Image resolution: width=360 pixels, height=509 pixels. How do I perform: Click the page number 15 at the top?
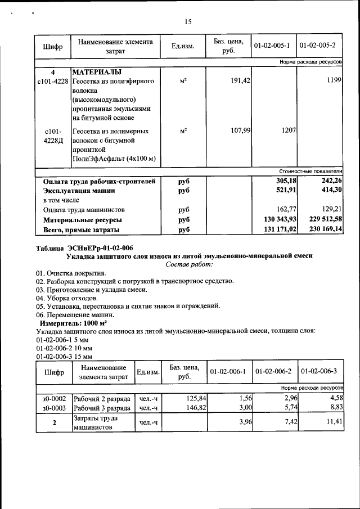188,22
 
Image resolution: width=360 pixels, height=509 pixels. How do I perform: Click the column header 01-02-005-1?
272,46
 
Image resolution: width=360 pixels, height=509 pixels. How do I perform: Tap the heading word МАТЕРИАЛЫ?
97,72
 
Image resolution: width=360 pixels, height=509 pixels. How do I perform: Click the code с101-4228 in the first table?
53,81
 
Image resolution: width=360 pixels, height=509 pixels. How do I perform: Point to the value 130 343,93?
280,219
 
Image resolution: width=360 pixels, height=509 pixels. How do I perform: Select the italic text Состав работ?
189,264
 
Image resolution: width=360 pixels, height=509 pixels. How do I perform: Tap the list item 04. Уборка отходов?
66,298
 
